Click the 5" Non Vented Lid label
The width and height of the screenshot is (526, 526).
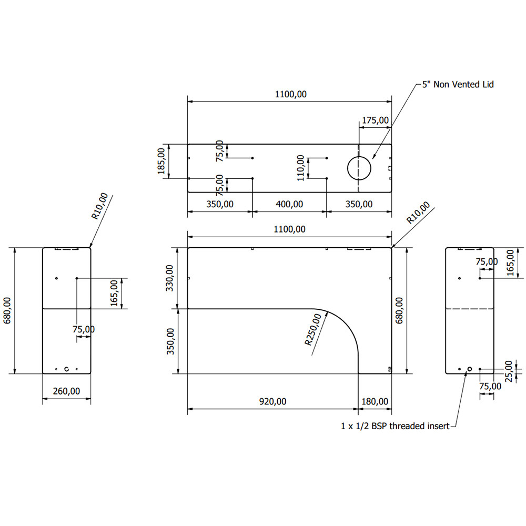pos(458,84)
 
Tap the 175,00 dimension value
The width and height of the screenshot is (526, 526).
pos(375,120)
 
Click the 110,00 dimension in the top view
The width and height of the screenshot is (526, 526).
pos(300,168)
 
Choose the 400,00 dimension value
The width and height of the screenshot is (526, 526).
pos(289,204)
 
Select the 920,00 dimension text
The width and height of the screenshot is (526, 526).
pos(273,401)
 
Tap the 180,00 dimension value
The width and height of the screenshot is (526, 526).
pos(375,401)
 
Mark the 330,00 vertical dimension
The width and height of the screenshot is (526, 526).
pos(169,278)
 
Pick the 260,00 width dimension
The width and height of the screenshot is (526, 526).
pos(66,391)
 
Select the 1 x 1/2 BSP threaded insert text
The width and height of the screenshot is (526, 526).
pos(395,426)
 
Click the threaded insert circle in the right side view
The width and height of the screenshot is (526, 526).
pos(470,369)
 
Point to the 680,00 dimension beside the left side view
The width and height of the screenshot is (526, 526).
pos(7,310)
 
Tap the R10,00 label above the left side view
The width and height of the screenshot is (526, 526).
pos(99,206)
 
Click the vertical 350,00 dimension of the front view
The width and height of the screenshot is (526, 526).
pos(170,341)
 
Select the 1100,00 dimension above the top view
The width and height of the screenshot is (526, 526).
pos(290,95)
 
